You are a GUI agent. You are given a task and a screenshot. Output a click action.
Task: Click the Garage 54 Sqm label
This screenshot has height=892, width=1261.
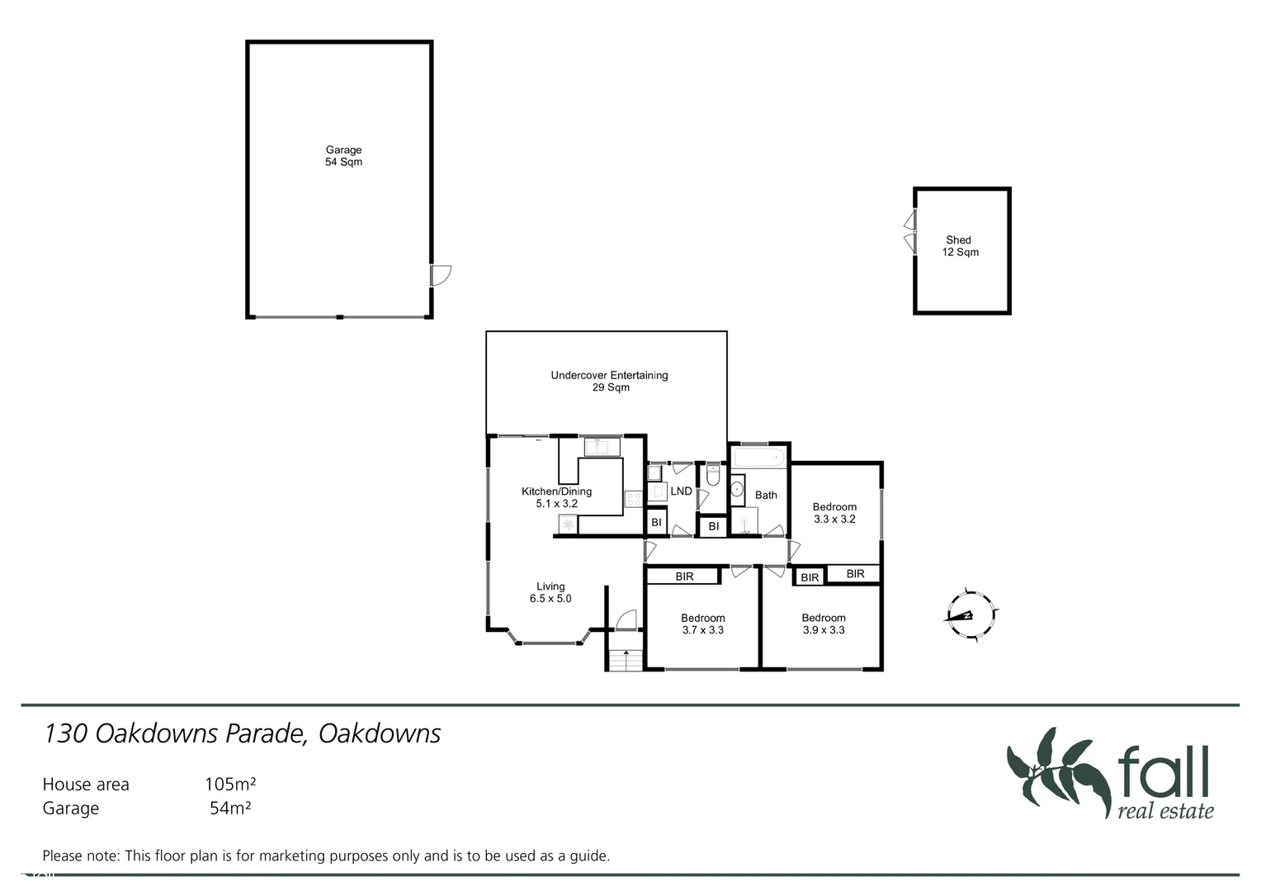(343, 156)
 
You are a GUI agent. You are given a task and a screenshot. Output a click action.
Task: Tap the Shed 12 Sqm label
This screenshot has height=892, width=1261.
(960, 246)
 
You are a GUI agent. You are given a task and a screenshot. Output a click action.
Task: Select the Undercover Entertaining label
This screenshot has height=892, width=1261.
(609, 381)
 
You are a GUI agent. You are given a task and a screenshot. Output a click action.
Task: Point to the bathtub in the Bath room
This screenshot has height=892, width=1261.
(758, 457)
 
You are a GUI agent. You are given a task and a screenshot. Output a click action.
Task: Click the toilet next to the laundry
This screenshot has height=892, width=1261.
(713, 477)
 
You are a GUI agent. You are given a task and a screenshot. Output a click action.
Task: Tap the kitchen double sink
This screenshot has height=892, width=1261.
(602, 447)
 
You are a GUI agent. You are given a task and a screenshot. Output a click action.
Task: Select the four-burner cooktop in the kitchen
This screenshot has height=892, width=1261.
(634, 499)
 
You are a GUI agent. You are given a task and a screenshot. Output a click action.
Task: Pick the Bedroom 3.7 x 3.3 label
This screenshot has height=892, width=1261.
(702, 624)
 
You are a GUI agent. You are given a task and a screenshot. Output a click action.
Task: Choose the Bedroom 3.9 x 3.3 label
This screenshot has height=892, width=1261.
(823, 624)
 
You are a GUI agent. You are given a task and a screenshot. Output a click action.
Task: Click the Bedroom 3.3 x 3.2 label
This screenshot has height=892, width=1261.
(834, 513)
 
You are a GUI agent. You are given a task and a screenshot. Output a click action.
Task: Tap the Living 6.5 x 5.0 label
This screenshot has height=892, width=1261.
(550, 592)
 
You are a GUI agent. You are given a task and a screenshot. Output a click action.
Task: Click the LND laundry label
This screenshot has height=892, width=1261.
(681, 491)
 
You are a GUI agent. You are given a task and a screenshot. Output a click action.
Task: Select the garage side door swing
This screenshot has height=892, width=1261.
(442, 275)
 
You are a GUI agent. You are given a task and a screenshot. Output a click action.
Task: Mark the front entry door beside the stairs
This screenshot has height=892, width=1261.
(627, 620)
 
